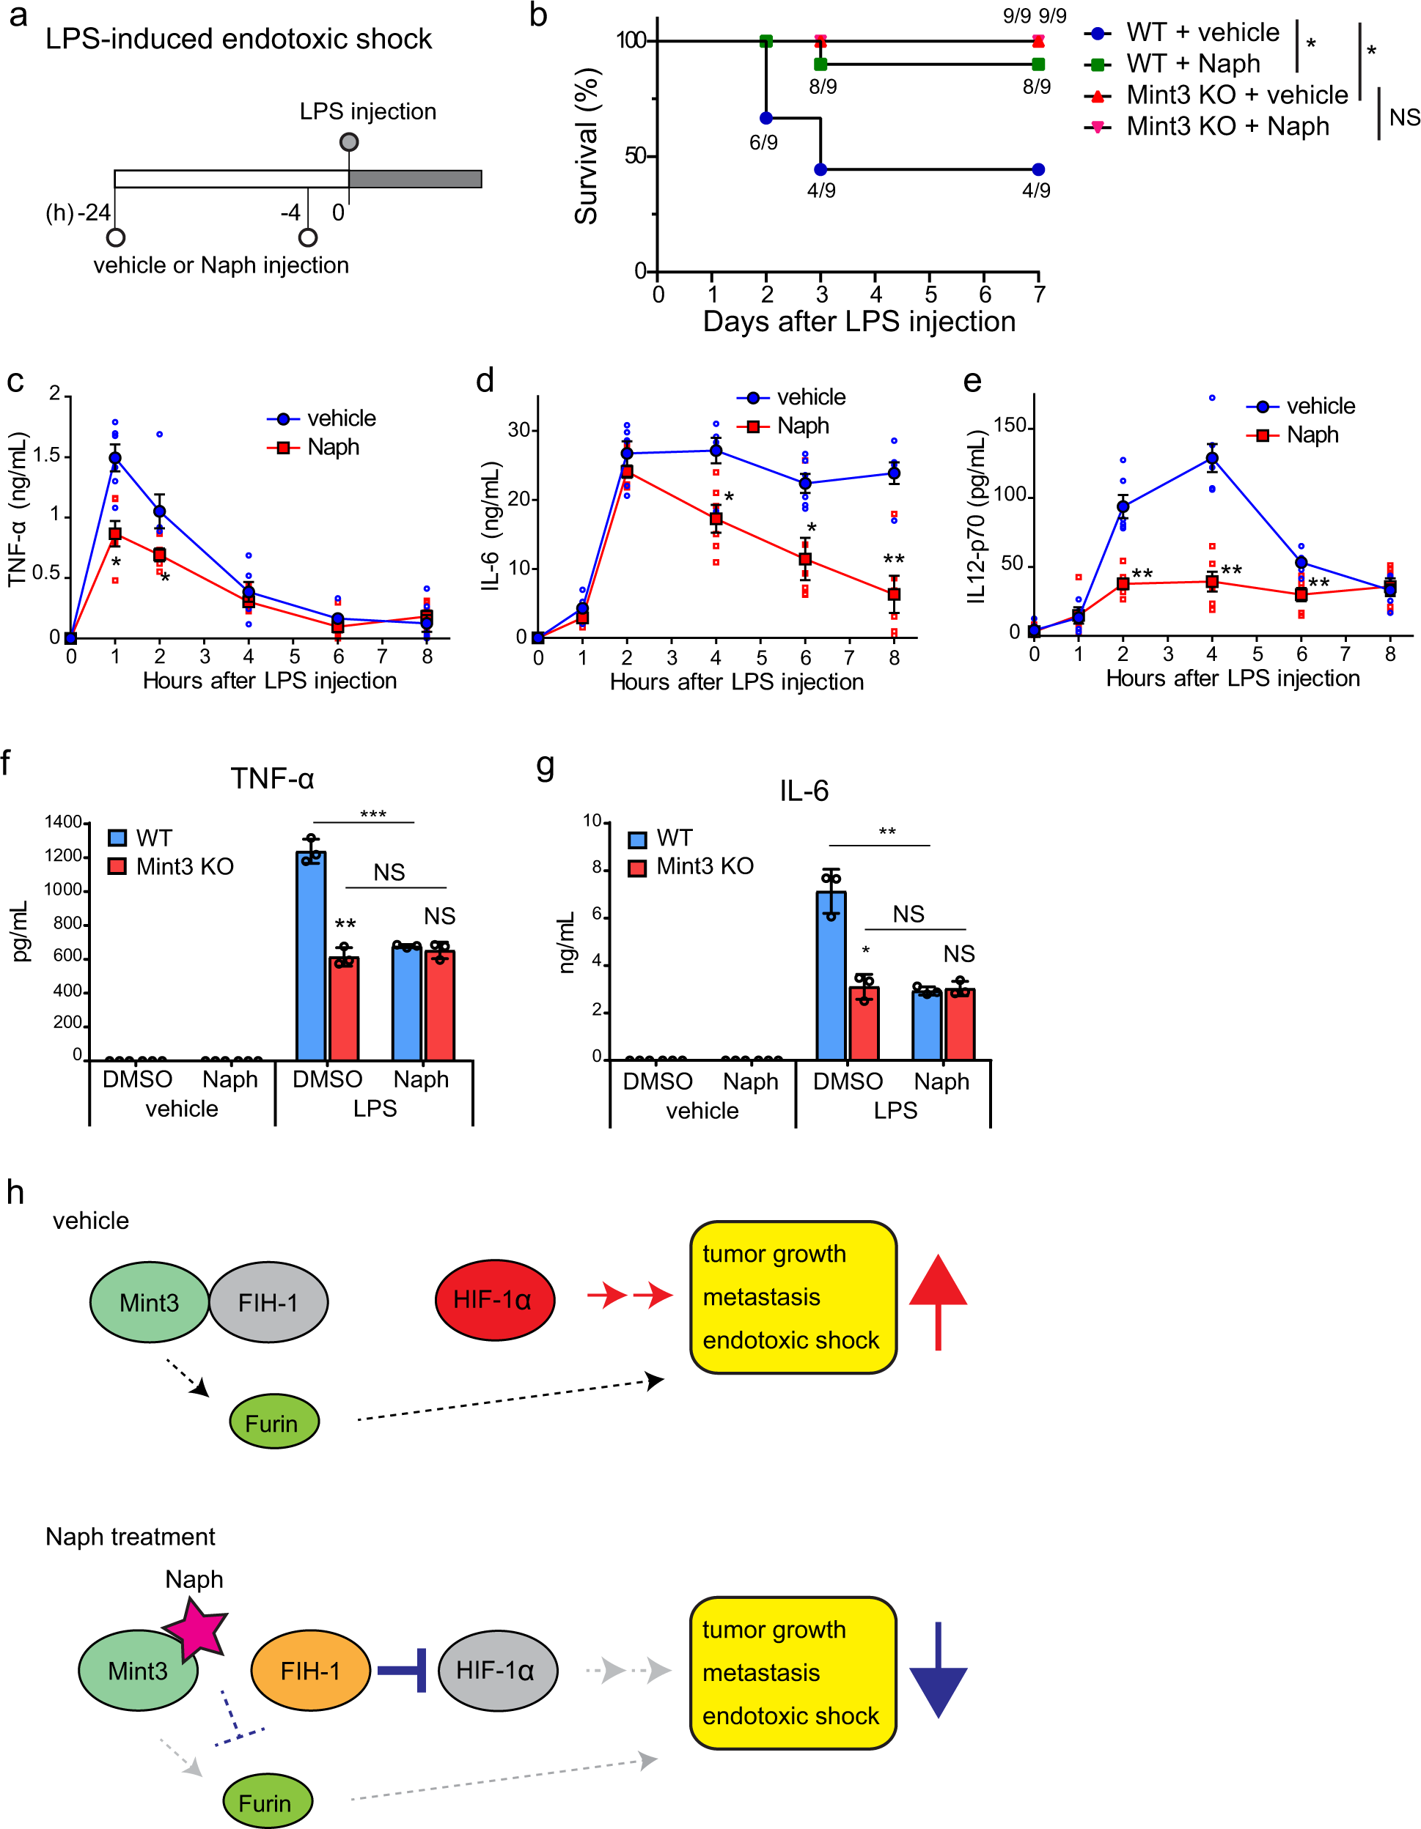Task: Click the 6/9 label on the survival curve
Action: pos(763,143)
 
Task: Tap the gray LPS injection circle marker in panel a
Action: pos(348,141)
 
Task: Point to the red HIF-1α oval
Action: pos(494,1300)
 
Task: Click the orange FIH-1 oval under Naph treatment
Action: pos(310,1671)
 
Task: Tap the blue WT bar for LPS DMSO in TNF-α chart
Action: pos(311,956)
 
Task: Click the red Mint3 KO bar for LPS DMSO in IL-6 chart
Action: pos(864,1024)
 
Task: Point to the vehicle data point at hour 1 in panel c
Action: pos(115,458)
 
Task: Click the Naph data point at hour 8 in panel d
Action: pos(894,594)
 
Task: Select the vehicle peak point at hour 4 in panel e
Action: pos(1211,458)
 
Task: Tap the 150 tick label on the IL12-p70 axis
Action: pos(1009,426)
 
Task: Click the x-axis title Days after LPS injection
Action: pos(858,322)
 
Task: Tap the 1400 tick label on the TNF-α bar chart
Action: pos(63,822)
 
